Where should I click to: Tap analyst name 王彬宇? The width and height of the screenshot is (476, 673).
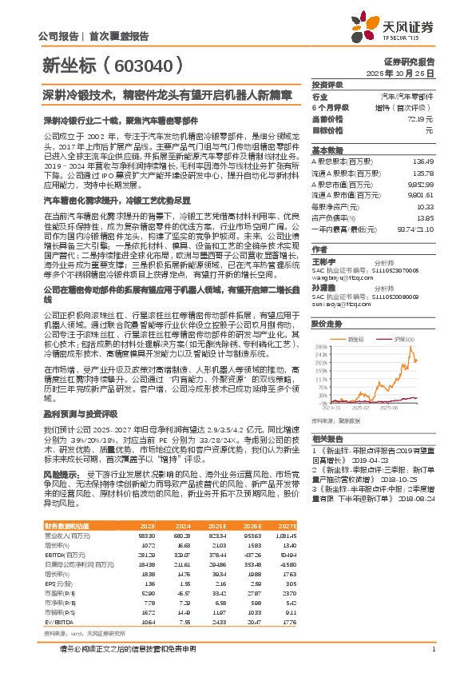(323, 261)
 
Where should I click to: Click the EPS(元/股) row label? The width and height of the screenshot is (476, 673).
(60, 583)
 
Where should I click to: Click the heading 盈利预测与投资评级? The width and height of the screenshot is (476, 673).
(77, 416)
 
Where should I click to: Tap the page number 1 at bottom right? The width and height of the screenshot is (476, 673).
(432, 648)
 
